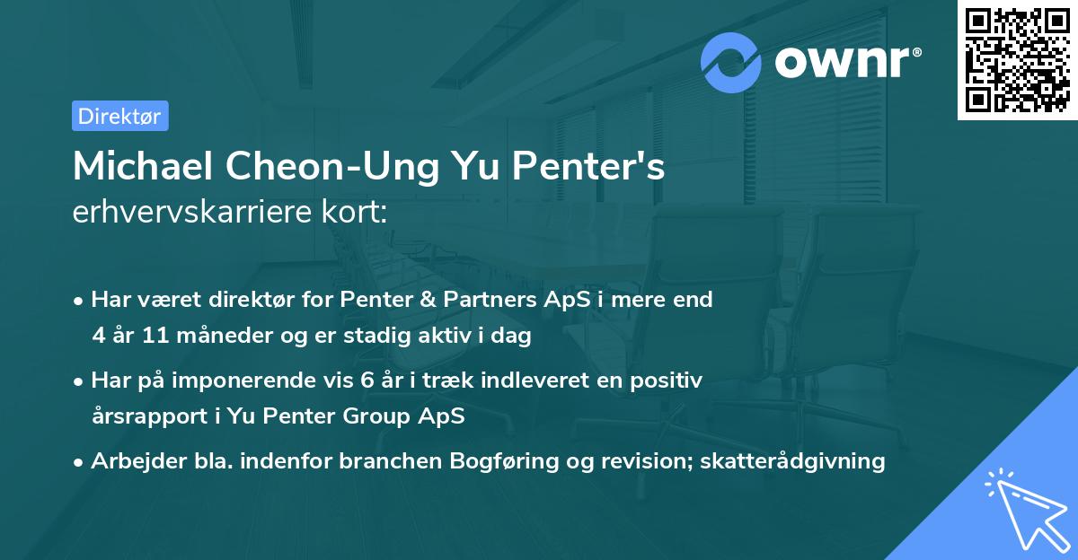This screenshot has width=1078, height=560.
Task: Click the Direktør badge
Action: [119, 116]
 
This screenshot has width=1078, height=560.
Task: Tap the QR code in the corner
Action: [1017, 60]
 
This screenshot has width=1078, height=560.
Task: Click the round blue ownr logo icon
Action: [731, 63]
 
